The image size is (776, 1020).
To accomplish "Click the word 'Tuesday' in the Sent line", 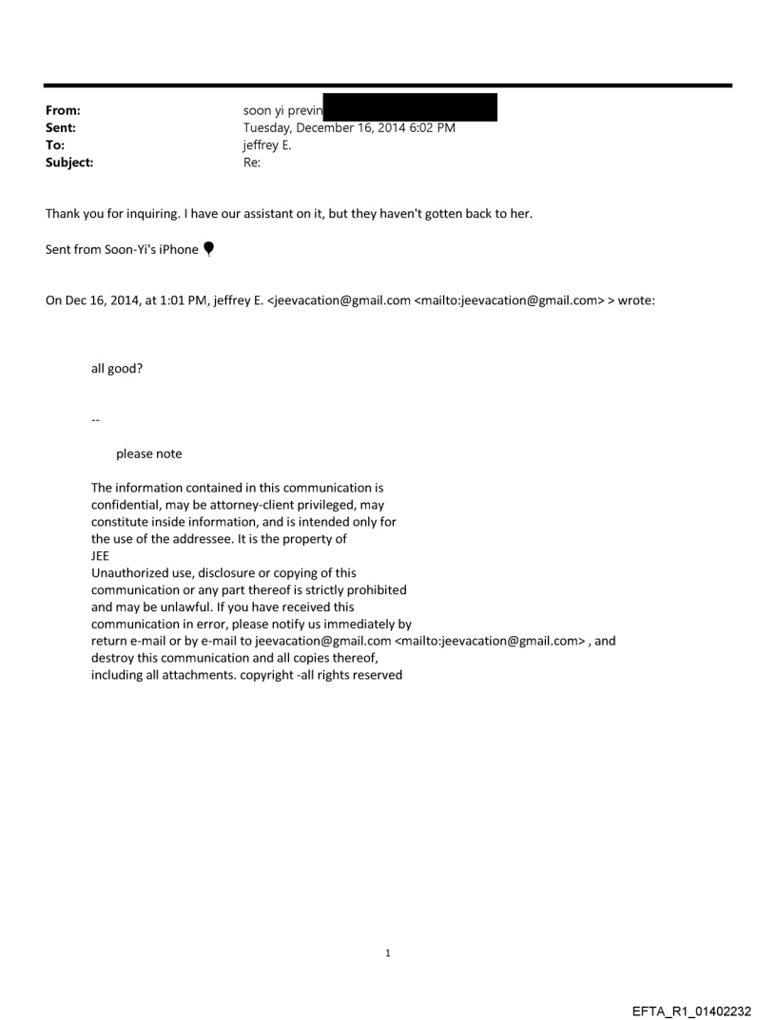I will pos(270,127).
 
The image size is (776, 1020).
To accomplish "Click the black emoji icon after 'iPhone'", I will pos(208,249).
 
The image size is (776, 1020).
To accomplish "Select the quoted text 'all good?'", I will pos(117,369).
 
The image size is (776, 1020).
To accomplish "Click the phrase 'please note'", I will pos(148,453).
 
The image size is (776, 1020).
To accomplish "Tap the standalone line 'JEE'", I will pos(100,556).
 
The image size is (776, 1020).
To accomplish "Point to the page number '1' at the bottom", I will pos(388,953).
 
